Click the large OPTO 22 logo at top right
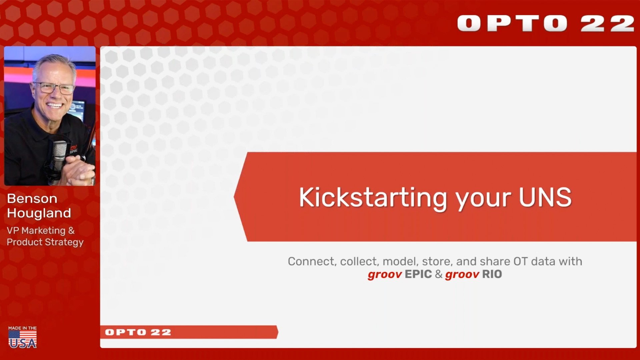click(x=546, y=23)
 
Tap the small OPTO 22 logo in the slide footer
click(x=138, y=332)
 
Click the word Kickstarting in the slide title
click(x=373, y=198)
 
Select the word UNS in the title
click(x=545, y=197)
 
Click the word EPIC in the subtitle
click(x=418, y=274)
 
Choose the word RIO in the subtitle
click(x=492, y=274)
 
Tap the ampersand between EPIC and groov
click(x=439, y=274)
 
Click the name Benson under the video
click(x=32, y=199)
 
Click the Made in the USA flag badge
click(x=23, y=337)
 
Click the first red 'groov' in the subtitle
click(x=385, y=275)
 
